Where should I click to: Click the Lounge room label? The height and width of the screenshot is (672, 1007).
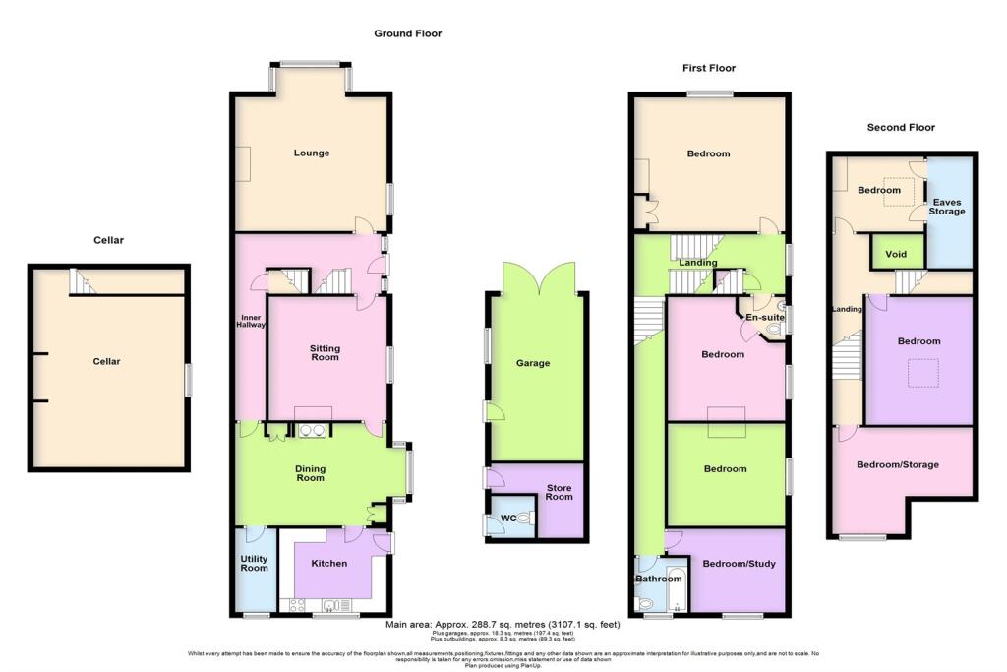pyautogui.click(x=311, y=153)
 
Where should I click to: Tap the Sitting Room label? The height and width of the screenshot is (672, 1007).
pyautogui.click(x=325, y=353)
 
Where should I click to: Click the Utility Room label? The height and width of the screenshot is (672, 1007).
pyautogui.click(x=255, y=564)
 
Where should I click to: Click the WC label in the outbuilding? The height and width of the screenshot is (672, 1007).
pyautogui.click(x=508, y=518)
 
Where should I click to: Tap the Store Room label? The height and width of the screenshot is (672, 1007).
pyautogui.click(x=559, y=493)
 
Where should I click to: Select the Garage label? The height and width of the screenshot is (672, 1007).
pyautogui.click(x=533, y=363)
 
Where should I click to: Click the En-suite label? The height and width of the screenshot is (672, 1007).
pyautogui.click(x=762, y=319)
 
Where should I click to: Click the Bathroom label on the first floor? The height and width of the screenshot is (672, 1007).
pyautogui.click(x=658, y=579)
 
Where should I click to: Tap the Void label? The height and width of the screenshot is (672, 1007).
pyautogui.click(x=895, y=254)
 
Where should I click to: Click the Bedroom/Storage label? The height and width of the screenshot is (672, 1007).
pyautogui.click(x=897, y=464)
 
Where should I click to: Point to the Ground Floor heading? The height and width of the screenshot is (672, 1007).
pyautogui.click(x=407, y=33)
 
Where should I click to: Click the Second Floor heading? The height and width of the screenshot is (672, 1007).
pyautogui.click(x=900, y=127)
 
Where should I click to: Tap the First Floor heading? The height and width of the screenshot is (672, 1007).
pyautogui.click(x=709, y=68)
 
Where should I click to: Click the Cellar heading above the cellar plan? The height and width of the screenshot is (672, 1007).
pyautogui.click(x=108, y=240)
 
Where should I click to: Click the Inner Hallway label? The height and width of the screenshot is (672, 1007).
pyautogui.click(x=252, y=323)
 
